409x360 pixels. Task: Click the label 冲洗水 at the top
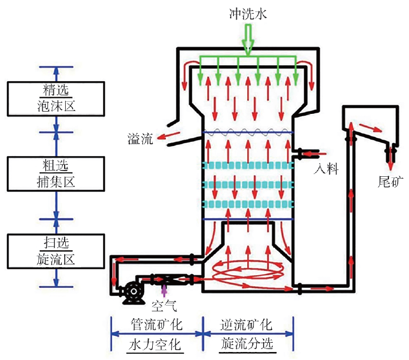coord(248,13)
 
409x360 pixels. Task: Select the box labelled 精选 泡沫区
coord(55,98)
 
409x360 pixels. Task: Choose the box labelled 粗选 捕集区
coord(55,173)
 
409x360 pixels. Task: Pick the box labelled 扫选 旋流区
coord(55,250)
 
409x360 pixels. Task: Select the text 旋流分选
coord(247,345)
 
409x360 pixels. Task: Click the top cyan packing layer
coord(248,166)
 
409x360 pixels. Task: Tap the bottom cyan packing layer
coord(248,204)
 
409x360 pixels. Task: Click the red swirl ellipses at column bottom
coord(248,272)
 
